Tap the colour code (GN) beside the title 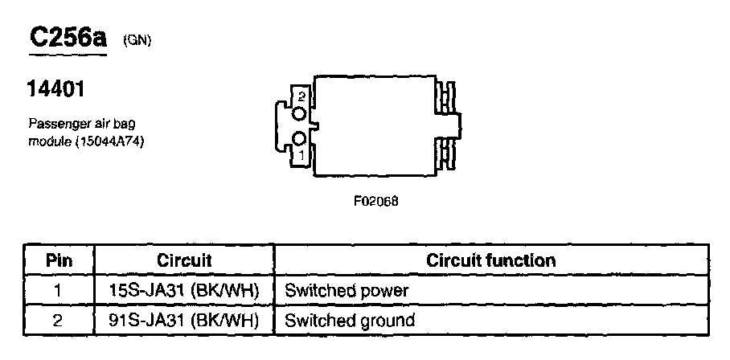[137, 42]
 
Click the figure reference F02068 [375, 201]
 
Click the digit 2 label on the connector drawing [301, 96]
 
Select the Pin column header [58, 260]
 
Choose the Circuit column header [184, 260]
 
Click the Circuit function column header [490, 260]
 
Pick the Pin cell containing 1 [58, 290]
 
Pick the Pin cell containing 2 [58, 321]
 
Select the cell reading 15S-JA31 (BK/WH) [184, 290]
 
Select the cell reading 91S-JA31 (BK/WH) [184, 321]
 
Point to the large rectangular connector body [374, 126]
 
